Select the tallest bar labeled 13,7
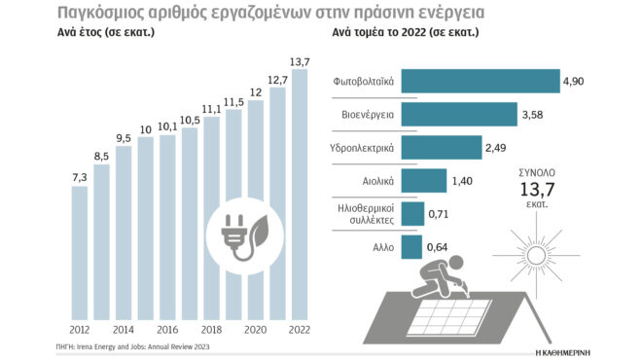[300, 195]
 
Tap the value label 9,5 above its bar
[123, 137]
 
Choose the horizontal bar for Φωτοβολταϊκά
[479, 83]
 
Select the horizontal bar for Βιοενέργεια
[457, 116]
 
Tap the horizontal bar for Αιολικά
[422, 181]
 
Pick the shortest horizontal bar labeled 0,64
[410, 247]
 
